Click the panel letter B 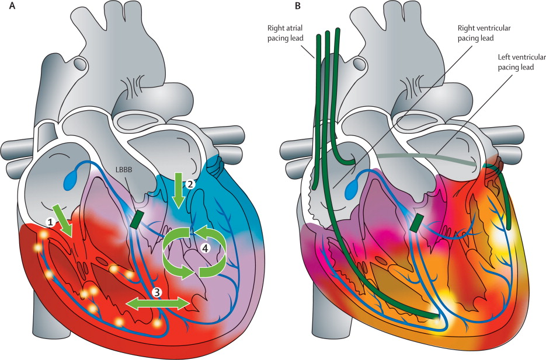(299, 6)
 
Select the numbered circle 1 (50, 222)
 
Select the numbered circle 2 (190, 183)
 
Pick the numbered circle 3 (157, 291)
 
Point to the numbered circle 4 (204, 247)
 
